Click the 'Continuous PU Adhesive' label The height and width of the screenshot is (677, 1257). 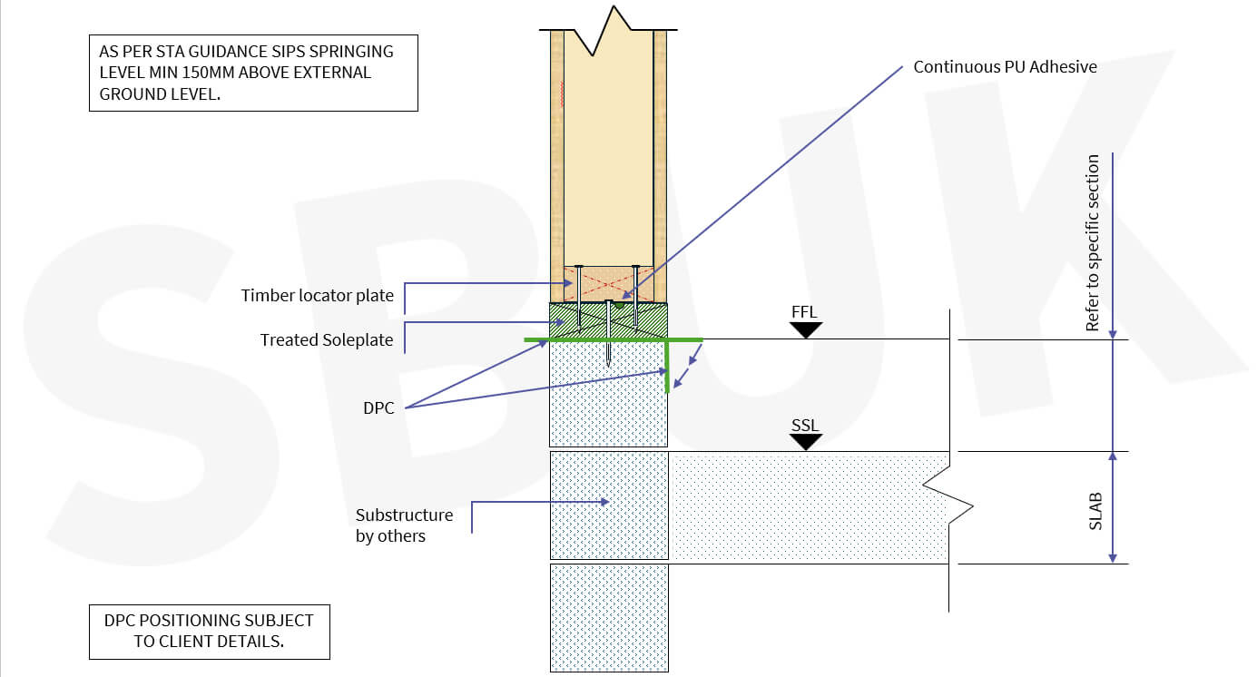tap(1005, 67)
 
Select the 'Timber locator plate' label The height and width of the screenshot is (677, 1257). tap(317, 296)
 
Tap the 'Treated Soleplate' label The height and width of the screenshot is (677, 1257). tap(326, 340)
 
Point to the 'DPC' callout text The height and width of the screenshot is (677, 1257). tap(378, 408)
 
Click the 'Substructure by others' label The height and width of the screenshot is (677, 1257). tap(403, 525)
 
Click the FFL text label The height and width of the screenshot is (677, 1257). tap(804, 313)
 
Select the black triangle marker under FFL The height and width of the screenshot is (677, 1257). tap(805, 330)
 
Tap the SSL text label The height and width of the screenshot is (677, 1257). tap(804, 426)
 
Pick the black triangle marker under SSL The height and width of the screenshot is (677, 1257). tap(805, 443)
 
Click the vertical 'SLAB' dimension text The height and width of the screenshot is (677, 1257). tap(1095, 511)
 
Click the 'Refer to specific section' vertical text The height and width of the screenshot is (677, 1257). tap(1093, 242)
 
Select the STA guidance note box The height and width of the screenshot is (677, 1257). tap(253, 74)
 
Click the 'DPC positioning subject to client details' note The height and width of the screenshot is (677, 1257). tap(209, 632)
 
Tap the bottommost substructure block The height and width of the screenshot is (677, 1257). tap(609, 617)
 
